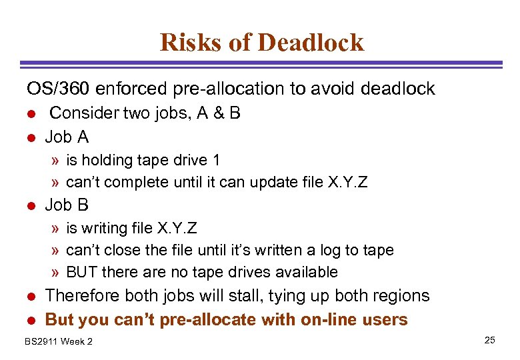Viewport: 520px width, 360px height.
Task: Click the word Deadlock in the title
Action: coord(311,42)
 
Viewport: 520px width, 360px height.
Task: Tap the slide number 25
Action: coord(490,341)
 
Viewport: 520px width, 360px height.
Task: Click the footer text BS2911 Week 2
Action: coord(59,341)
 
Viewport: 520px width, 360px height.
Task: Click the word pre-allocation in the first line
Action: coord(211,88)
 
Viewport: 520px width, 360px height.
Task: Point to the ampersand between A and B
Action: coord(217,113)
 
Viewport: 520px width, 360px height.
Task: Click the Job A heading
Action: coord(66,137)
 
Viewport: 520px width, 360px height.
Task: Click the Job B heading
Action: coord(66,205)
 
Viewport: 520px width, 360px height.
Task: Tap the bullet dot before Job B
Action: coord(30,206)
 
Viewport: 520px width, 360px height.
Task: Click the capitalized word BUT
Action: coord(81,272)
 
